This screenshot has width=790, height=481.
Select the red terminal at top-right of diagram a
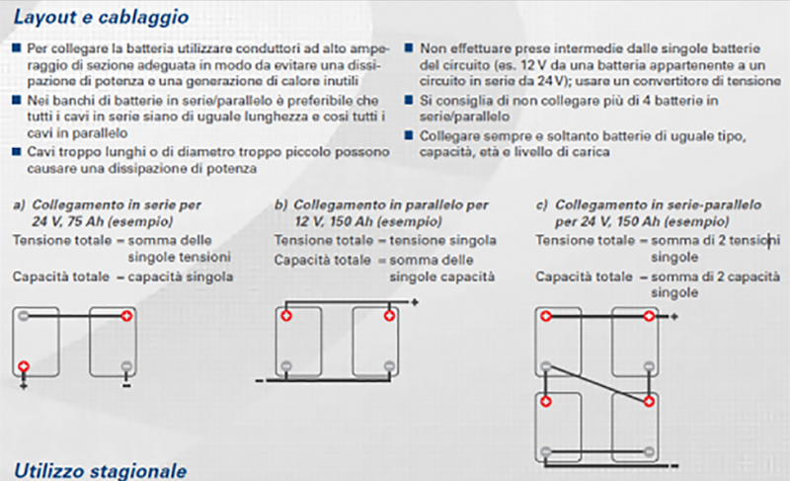126,316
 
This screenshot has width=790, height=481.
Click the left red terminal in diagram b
285,316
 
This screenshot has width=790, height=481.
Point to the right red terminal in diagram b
388,316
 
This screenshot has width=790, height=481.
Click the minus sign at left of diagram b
259,378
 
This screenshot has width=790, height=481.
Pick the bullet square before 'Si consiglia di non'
411,101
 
